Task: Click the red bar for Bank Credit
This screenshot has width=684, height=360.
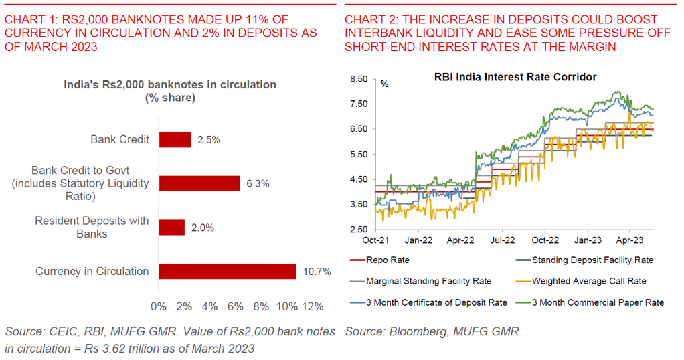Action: (x=175, y=139)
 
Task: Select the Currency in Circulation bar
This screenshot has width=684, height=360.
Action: (x=228, y=271)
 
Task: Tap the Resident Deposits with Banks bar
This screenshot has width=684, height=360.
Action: (x=171, y=228)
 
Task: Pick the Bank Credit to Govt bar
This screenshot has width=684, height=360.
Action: (x=199, y=183)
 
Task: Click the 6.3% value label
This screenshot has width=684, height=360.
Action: (x=258, y=183)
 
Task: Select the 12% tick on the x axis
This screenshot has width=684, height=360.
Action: (x=313, y=306)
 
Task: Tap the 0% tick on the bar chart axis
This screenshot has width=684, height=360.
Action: (x=159, y=306)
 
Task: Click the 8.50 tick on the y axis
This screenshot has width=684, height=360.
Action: (x=359, y=79)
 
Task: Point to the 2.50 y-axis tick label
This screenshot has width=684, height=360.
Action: (x=359, y=230)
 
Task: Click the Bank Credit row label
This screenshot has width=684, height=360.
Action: (x=120, y=139)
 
